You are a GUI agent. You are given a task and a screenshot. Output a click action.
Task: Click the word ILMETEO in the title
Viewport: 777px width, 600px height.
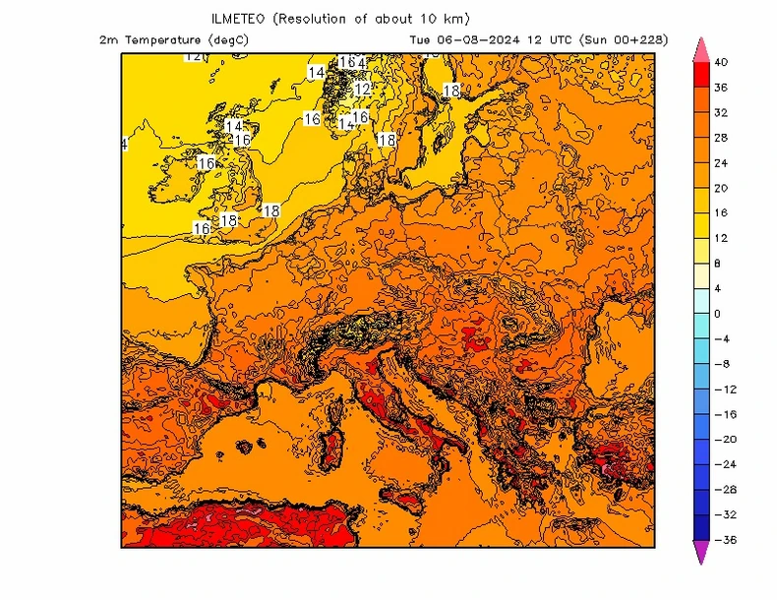pyautogui.click(x=238, y=19)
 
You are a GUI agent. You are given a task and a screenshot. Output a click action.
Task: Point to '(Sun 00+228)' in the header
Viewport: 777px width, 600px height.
pyautogui.click(x=624, y=40)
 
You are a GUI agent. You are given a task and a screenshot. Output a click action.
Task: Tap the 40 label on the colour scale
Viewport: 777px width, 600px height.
pyautogui.click(x=721, y=62)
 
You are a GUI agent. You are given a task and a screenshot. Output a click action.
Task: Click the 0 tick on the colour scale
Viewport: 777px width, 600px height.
pyautogui.click(x=717, y=314)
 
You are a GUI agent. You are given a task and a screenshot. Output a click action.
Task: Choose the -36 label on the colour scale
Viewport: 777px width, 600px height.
pyautogui.click(x=723, y=540)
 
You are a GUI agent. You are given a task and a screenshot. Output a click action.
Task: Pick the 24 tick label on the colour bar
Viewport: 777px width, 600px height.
pyautogui.click(x=721, y=162)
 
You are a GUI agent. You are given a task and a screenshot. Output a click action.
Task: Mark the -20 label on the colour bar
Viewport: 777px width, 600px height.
pyautogui.click(x=723, y=440)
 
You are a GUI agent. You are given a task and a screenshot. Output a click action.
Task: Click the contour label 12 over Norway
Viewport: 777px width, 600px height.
pyautogui.click(x=362, y=90)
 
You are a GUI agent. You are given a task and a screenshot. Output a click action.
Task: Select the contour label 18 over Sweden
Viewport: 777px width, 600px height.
pyautogui.click(x=451, y=90)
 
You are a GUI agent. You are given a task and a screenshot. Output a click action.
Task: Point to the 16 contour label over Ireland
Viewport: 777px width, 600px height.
pyautogui.click(x=206, y=163)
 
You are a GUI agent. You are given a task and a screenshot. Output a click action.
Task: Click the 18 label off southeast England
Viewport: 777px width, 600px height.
pyautogui.click(x=271, y=210)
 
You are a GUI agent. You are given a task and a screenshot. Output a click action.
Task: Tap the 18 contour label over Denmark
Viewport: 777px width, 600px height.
pyautogui.click(x=387, y=141)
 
